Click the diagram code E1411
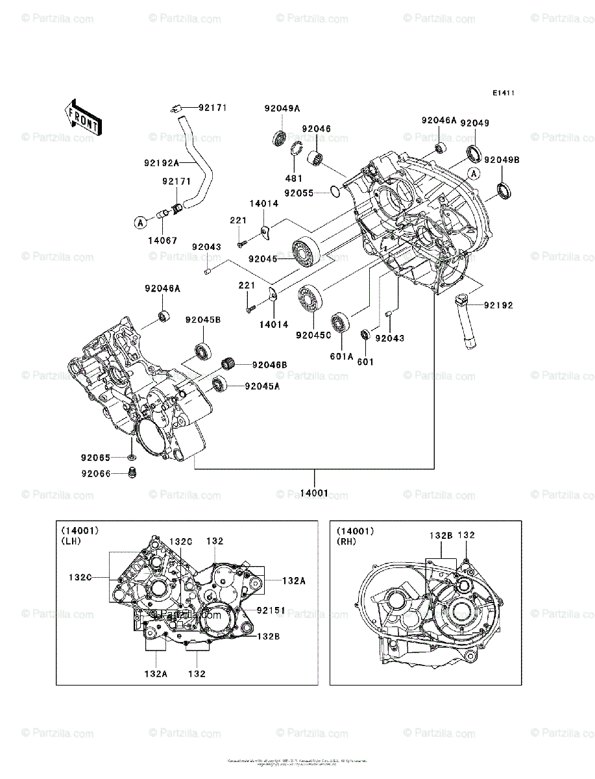[x=503, y=93]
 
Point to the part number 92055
[x=299, y=193]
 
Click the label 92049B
[x=502, y=160]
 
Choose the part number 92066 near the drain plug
[x=96, y=474]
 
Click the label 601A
[x=342, y=356]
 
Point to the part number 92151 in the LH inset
[x=271, y=611]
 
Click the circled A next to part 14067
[x=140, y=223]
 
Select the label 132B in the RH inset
[x=441, y=536]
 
